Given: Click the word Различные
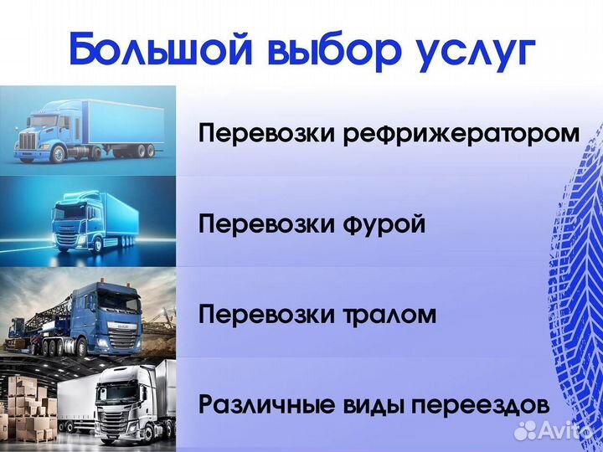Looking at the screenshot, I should [x=264, y=406].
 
